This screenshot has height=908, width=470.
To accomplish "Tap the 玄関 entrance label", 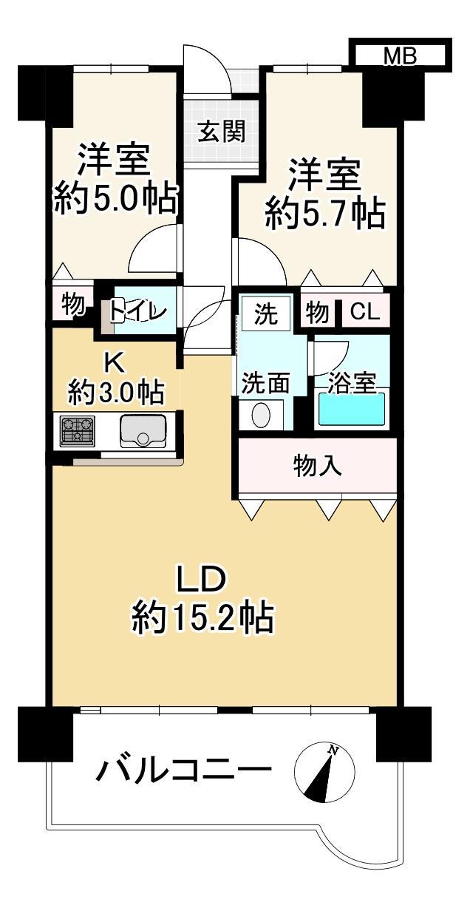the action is coord(222,132).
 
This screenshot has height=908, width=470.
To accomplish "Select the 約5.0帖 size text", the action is coord(116,200).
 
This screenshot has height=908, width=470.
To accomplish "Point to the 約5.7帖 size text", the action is coord(324,213).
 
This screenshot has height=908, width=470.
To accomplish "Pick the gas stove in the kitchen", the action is coord(78,431).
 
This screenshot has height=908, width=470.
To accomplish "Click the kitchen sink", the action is coord(142,432).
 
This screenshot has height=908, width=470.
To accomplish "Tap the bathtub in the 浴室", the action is coord(351,409).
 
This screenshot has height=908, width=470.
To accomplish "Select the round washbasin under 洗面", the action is coord(261,414).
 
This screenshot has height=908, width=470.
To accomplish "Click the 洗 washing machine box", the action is coord(266,314).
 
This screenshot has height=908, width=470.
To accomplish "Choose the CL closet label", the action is coord(364,311).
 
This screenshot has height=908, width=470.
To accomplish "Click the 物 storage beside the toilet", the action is coord(73,304).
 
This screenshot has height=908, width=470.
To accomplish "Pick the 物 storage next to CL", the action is coord(317,313).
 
